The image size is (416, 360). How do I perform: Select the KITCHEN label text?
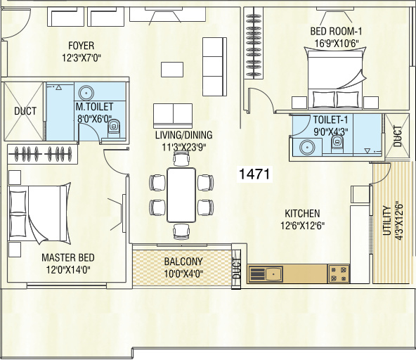click(302, 214)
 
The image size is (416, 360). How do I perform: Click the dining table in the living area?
click(181, 194)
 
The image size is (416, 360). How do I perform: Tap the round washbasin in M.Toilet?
click(87, 93)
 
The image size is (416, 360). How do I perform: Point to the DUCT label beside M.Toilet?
click(21, 111)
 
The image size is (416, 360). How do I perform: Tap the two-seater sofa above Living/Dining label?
click(173, 112)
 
